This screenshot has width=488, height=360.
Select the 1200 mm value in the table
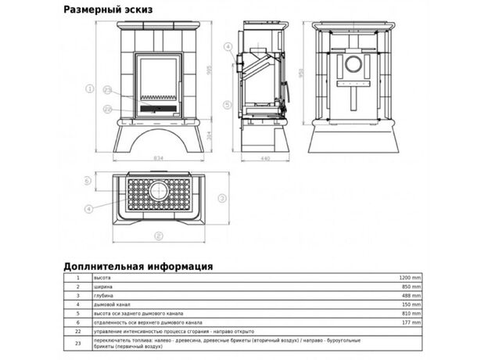pos(411,278)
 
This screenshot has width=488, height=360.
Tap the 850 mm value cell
pos(412,287)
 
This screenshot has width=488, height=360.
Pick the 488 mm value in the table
pos(412,296)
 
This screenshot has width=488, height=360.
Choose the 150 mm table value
pos(412,304)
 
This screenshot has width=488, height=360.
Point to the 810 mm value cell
pos(412,314)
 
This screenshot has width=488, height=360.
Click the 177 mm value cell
pos(412,322)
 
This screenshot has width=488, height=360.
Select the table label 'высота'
pos(102,278)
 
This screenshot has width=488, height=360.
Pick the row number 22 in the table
pos(77,331)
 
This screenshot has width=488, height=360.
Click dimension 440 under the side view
pos(265,157)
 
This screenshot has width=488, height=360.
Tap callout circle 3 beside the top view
pos(222,197)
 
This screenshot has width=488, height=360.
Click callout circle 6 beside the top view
pos(88,181)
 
